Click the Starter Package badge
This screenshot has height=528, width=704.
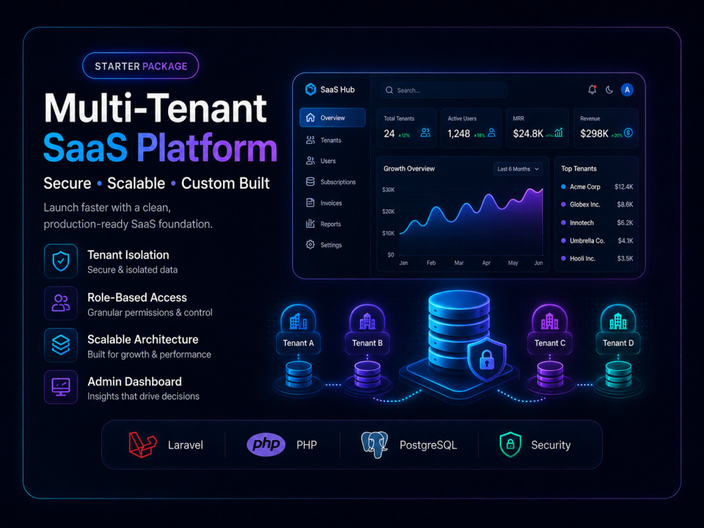click(141, 66)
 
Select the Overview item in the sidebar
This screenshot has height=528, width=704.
click(333, 118)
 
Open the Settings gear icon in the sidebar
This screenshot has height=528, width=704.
click(310, 245)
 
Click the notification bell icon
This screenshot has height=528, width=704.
click(592, 90)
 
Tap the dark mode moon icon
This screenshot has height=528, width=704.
click(609, 90)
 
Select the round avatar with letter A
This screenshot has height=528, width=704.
click(627, 90)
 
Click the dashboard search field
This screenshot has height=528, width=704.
click(444, 90)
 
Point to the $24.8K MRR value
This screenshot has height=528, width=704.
click(528, 133)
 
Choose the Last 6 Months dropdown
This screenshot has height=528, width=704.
click(518, 169)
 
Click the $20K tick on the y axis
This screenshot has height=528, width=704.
click(389, 211)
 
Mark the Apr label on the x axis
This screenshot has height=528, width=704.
click(486, 263)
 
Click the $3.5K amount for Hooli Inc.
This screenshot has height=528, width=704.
click(625, 258)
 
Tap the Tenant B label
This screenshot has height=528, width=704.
click(367, 343)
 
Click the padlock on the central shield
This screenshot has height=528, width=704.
click(486, 360)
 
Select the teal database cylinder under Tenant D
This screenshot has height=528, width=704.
click(618, 375)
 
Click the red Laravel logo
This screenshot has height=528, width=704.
click(142, 444)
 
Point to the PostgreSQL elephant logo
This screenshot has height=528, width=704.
click(375, 444)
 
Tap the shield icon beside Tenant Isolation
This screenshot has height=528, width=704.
click(61, 261)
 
